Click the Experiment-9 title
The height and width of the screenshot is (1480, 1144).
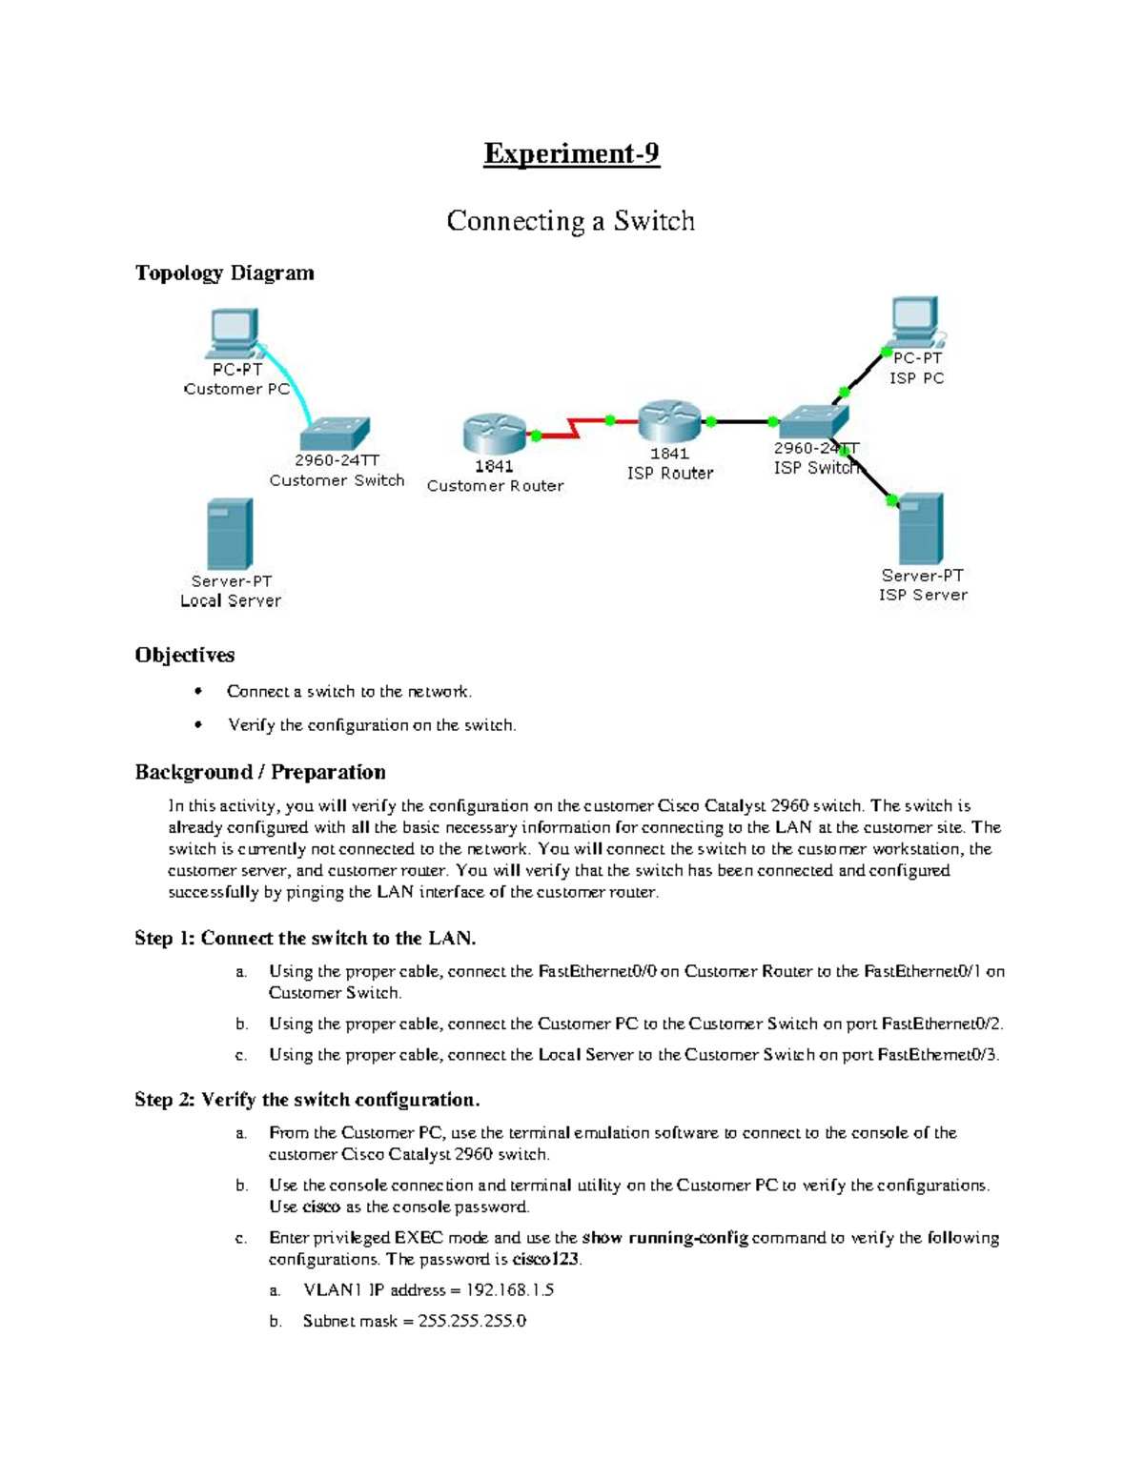point(571,153)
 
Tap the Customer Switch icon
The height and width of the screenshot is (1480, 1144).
point(335,434)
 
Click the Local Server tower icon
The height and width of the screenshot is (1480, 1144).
point(230,534)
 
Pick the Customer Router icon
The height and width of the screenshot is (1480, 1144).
point(494,434)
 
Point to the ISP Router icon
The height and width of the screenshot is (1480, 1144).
point(669,420)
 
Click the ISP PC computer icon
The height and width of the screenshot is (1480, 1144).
point(916,322)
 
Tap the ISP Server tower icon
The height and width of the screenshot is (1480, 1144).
point(921,529)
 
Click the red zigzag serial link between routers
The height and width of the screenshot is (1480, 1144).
point(574,427)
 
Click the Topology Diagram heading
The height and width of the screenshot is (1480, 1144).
point(224,273)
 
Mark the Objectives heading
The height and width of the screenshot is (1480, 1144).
point(185,655)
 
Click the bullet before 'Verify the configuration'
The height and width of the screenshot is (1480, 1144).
point(198,725)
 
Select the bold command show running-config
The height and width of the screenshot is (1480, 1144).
point(664,1238)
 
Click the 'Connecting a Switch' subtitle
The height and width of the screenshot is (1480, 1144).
point(571,221)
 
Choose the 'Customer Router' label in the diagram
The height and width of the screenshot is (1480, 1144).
point(495,486)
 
